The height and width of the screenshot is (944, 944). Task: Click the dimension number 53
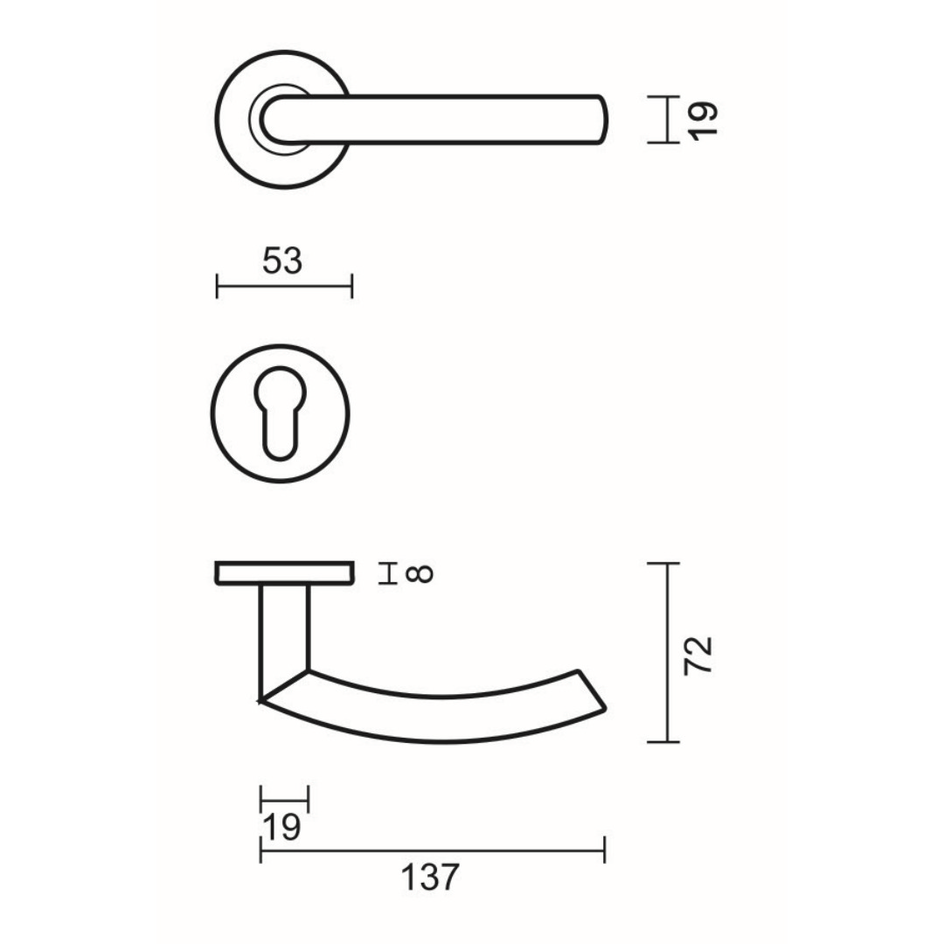click(282, 261)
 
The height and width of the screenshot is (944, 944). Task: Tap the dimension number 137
click(430, 878)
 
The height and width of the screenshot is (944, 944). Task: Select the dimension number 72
click(698, 656)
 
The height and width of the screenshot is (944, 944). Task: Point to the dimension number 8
click(420, 573)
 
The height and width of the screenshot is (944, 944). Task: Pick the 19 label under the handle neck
click(281, 827)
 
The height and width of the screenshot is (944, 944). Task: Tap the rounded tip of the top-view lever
click(602, 119)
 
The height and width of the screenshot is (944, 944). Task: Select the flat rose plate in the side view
click(284, 573)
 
